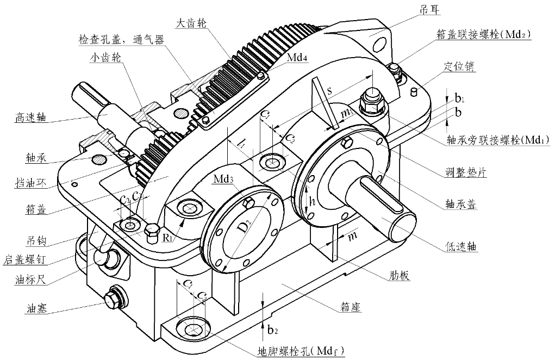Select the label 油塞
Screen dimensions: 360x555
point(38,308)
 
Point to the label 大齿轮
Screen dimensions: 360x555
point(192,24)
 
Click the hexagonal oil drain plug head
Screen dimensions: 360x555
point(113,299)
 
